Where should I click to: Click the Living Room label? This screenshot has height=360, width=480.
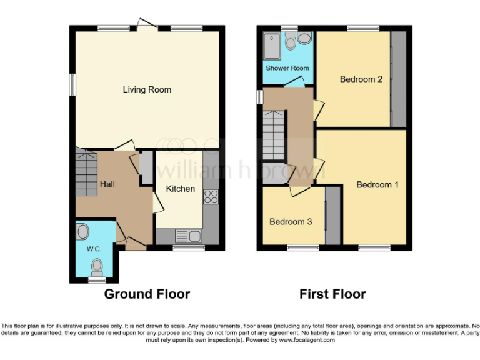tap(147, 89)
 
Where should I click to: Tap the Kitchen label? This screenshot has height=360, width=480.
tap(180, 188)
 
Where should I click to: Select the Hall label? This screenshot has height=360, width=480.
tap(107, 184)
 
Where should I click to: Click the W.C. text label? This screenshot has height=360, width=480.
tap(94, 249)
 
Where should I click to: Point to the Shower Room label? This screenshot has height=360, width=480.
tap(287, 67)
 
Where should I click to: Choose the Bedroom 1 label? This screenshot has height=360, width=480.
tap(377, 184)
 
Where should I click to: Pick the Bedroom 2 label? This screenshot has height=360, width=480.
tap(361, 79)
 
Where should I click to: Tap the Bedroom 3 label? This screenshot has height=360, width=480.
tap(291, 221)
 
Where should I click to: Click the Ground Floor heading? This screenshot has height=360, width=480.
tap(147, 294)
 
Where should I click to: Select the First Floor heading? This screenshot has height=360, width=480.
tap(332, 294)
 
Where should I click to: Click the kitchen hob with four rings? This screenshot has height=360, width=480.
tap(211, 197)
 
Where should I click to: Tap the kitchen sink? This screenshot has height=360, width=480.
tap(187, 236)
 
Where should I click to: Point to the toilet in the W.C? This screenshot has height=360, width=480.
tap(97, 267)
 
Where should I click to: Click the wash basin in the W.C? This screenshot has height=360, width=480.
tap(82, 232)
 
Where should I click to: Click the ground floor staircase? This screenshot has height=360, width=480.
tap(87, 171)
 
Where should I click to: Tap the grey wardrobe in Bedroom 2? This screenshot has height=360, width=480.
tap(398, 79)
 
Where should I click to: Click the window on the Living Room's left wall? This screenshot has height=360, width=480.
tap(72, 84)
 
